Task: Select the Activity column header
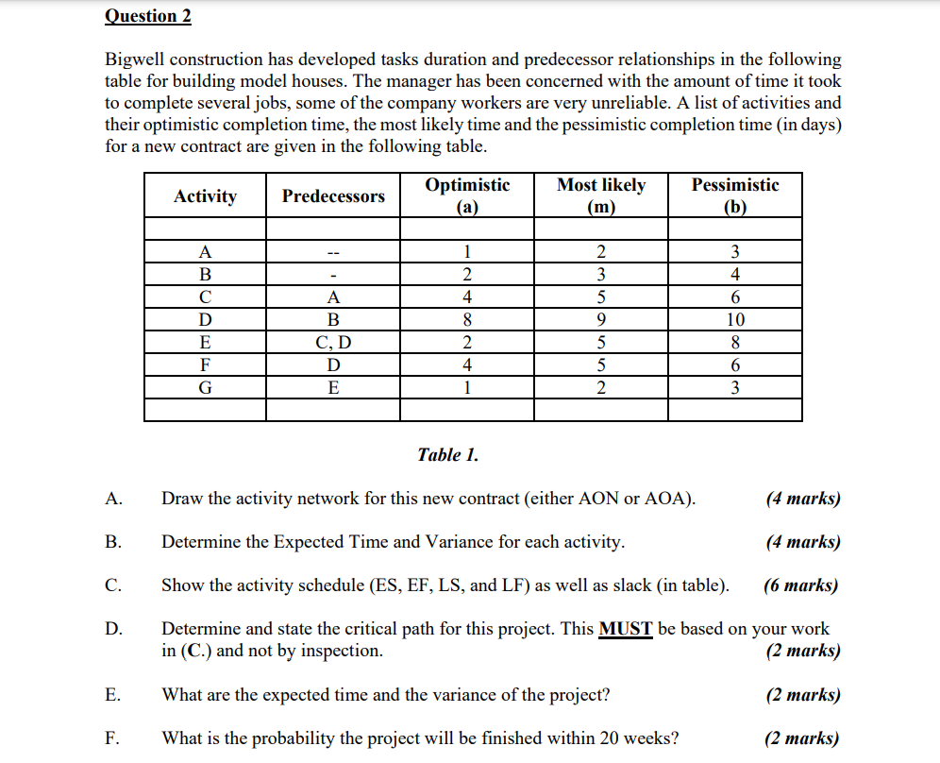[205, 196]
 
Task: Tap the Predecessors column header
[333, 196]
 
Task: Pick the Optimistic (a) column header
[467, 195]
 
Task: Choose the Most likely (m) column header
[601, 195]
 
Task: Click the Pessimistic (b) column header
[735, 195]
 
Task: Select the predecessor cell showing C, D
[332, 342]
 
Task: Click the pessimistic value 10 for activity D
[735, 319]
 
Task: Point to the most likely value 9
[601, 319]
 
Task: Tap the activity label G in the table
[205, 387]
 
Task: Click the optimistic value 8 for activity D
[467, 319]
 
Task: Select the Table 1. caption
[447, 455]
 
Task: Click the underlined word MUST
[626, 629]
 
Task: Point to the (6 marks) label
[800, 585]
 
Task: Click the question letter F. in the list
[113, 738]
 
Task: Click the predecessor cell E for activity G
[332, 387]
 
